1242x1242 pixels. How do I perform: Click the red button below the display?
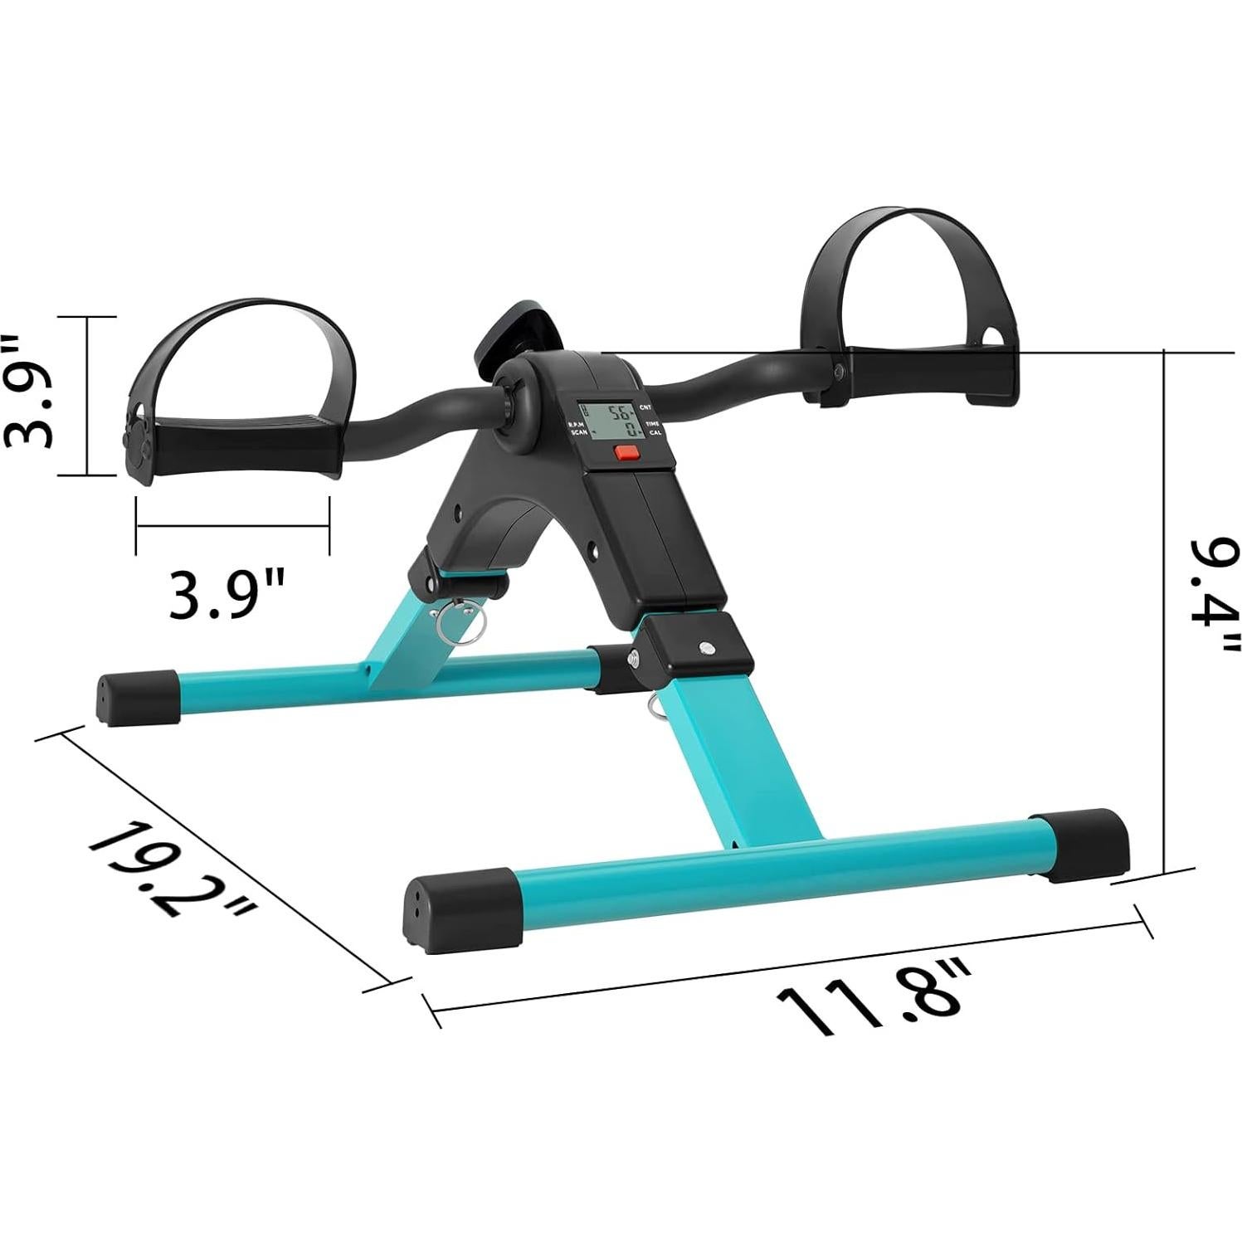(x=626, y=453)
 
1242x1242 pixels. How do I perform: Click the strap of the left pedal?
(x=249, y=324)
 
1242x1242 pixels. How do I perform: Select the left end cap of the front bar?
(x=461, y=909)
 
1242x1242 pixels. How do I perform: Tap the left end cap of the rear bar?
(x=137, y=697)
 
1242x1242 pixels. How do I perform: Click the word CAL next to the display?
(x=655, y=433)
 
